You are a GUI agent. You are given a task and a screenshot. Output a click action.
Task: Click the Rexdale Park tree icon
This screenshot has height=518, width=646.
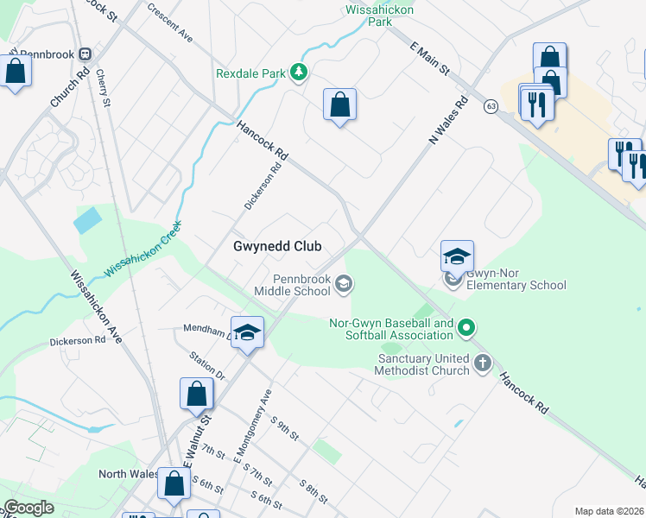coord(299,72)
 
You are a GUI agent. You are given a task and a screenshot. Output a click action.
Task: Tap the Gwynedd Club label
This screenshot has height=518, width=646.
coord(277,246)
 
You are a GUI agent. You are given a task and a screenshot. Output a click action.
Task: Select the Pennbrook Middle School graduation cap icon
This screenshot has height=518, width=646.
coord(344,284)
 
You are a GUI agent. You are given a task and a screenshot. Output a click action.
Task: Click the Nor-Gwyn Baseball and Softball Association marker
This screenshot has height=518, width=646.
coord(466,327)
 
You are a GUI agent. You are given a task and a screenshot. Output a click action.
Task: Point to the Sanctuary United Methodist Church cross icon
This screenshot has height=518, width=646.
coord(482,363)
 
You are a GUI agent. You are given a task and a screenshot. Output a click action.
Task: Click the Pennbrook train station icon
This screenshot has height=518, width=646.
coord(85,54)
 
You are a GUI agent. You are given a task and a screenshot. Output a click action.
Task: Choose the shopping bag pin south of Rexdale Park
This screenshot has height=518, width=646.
coord(339,105)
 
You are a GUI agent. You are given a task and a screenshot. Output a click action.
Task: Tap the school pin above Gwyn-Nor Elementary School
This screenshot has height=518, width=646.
coord(456,256)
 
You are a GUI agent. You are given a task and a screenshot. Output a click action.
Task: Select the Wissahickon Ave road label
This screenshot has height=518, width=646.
coord(96,306)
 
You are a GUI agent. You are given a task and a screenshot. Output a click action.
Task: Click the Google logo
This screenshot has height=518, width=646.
coord(29,508)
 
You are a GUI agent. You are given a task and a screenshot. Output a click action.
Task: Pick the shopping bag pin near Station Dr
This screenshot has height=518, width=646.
coord(196,394)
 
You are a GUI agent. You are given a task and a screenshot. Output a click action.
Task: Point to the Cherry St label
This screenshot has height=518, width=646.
coord(104,89)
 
